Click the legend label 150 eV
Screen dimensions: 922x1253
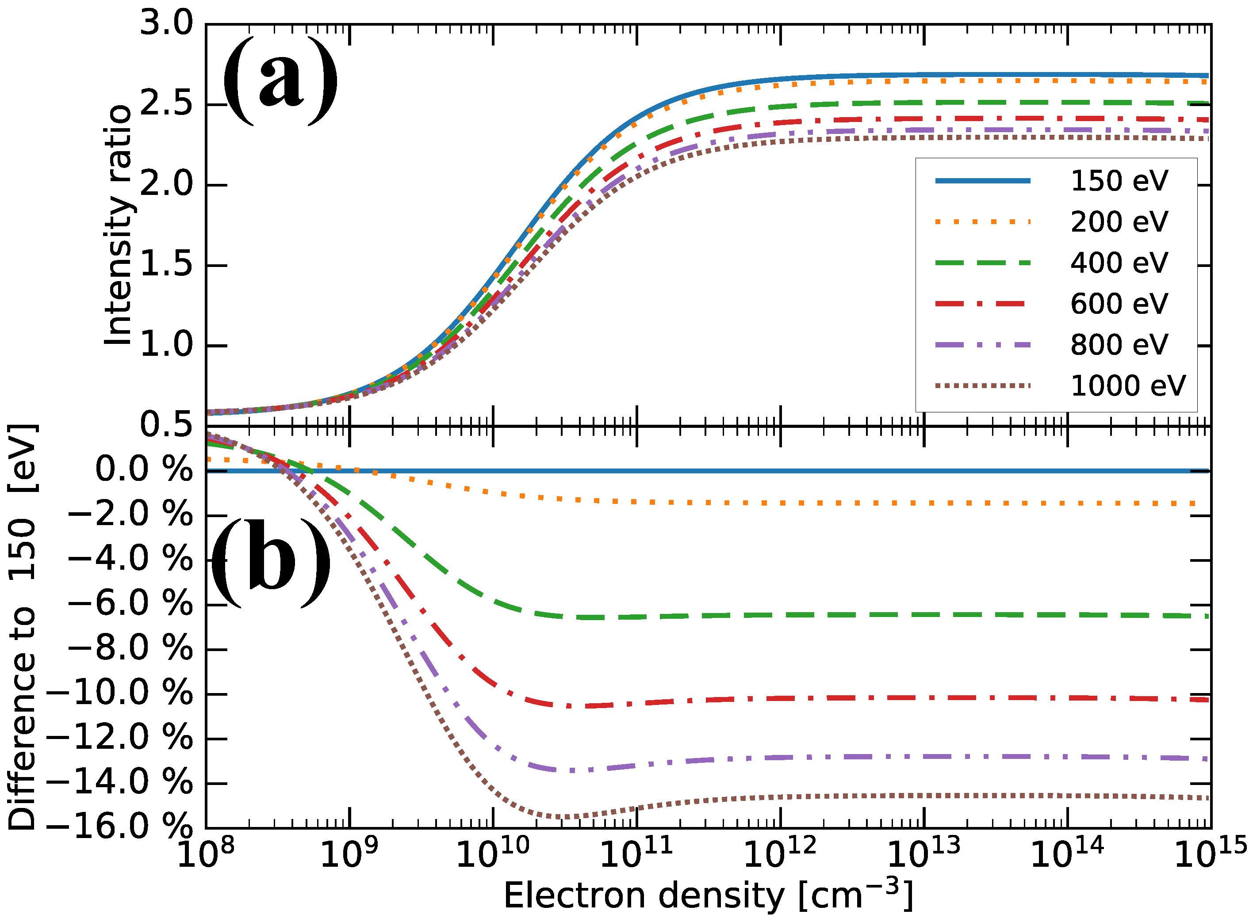click(x=1119, y=181)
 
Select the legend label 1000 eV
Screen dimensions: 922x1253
click(x=1127, y=386)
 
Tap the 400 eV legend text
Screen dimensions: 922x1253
click(x=1119, y=263)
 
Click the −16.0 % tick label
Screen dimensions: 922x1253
click(x=119, y=826)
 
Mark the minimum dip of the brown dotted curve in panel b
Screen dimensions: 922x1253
click(x=567, y=816)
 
